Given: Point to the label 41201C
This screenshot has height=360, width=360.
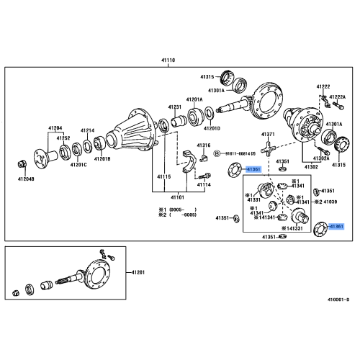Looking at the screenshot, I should pyautogui.click(x=78, y=165).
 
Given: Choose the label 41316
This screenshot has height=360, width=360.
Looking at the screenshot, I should pyautogui.click(x=204, y=145).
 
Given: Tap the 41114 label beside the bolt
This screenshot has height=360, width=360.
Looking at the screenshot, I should pyautogui.click(x=205, y=184).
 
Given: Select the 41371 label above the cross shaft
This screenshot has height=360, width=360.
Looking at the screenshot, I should pyautogui.click(x=269, y=135).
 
